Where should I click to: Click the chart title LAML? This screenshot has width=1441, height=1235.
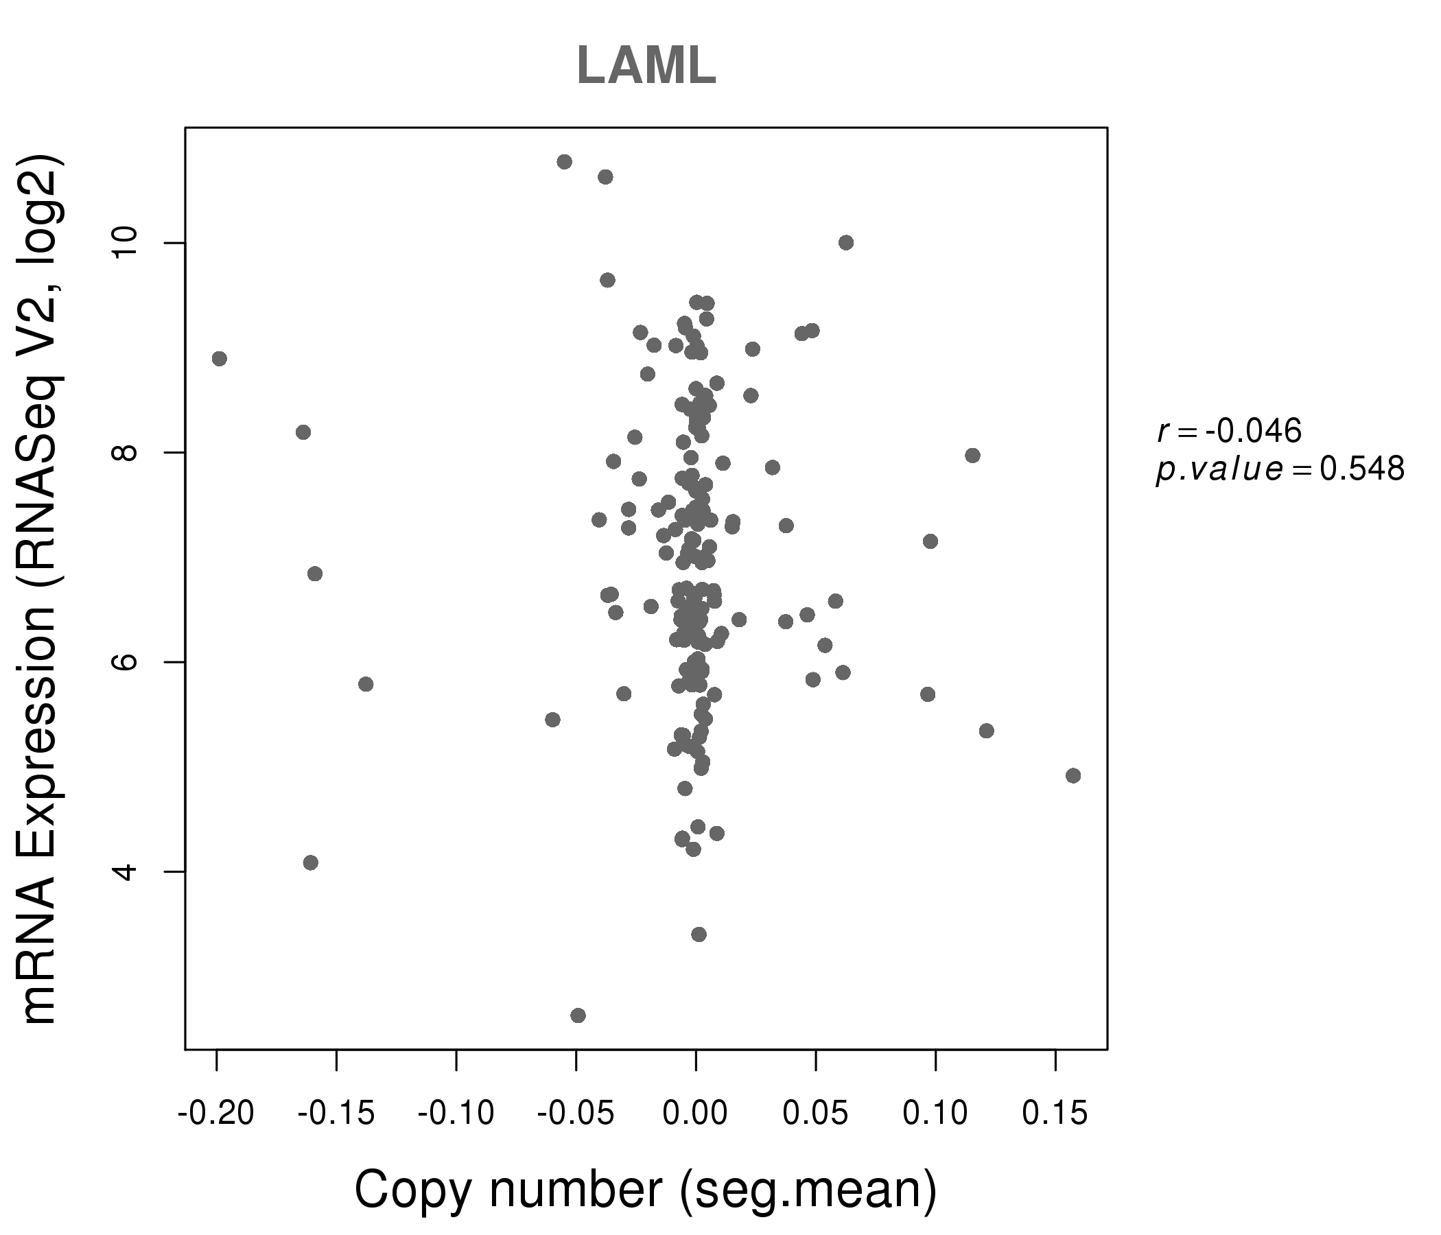646,66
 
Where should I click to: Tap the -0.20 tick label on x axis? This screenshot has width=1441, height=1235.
215,1114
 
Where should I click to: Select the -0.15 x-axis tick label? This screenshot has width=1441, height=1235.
336,1114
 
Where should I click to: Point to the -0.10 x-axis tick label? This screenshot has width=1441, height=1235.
456,1114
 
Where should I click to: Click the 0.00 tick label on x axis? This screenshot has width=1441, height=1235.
696,1114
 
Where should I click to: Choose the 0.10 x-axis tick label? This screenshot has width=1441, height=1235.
935,1114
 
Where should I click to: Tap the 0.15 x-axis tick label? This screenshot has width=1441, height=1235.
1055,1114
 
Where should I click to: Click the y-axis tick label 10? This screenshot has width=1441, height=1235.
126,243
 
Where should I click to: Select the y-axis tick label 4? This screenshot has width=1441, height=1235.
126,871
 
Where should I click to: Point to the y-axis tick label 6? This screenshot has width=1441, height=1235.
126,661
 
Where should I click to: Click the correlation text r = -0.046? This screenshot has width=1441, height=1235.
1229,432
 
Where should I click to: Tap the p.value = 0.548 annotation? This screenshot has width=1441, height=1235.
1280,470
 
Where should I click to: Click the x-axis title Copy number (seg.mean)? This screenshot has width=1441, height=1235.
646,1190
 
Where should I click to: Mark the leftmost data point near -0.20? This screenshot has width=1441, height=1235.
219,359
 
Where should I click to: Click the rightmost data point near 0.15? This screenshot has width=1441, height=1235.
1073,775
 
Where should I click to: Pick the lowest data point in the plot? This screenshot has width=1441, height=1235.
578,1015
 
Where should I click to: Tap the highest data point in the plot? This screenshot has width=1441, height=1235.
565,162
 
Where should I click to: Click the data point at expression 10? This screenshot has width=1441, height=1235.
845,243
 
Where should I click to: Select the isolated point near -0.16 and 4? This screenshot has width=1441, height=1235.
311,862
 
